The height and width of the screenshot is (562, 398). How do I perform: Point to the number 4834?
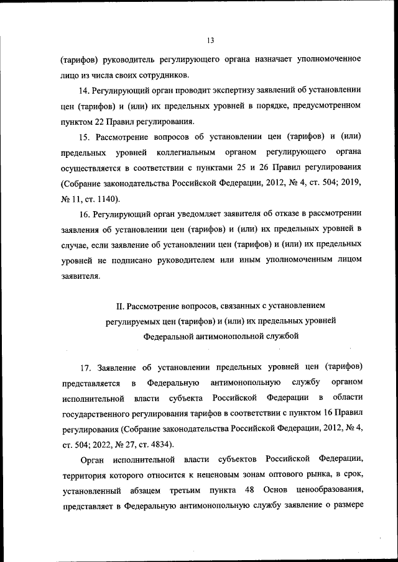[161, 445]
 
